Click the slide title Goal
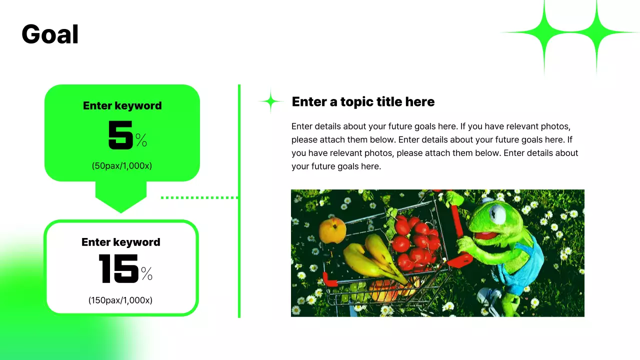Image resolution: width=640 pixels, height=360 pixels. tap(50, 35)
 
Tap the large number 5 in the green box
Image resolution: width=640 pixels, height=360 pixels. tap(120, 135)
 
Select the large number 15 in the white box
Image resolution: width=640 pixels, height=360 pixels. tap(118, 269)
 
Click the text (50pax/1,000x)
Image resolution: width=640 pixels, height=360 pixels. tap(121, 165)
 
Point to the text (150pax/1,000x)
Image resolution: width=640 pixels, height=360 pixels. tap(120, 300)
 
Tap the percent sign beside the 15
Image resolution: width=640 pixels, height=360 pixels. tap(146, 273)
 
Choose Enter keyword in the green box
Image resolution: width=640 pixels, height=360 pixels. tap(122, 105)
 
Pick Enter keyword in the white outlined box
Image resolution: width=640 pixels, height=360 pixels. tap(121, 242)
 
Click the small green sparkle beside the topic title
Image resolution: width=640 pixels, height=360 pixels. tap(270, 101)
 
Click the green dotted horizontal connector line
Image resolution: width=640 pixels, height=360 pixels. tap(199, 197)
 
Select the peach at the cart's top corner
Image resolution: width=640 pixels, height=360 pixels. tap(332, 230)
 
